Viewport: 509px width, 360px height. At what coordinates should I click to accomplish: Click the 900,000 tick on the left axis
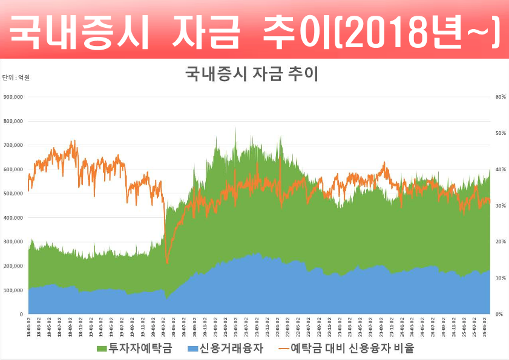click(13, 97)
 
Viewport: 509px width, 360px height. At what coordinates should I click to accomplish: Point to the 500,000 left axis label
click(13, 194)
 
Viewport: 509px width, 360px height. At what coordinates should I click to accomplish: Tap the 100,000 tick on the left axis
click(13, 290)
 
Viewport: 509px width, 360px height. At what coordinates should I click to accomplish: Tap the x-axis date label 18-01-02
click(29, 326)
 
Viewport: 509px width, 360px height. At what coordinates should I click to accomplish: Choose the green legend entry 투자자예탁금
click(134, 349)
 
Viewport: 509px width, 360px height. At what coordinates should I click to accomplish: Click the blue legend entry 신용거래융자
click(225, 349)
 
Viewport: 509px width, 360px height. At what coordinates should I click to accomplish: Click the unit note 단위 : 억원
click(16, 77)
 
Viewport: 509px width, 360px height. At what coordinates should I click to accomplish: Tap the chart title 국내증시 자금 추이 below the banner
click(251, 74)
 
